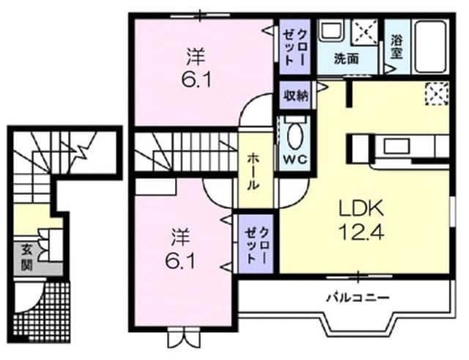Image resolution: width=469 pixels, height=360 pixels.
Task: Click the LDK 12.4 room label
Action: coord(361,220)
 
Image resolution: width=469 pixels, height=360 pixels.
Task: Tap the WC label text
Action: coord(295,160)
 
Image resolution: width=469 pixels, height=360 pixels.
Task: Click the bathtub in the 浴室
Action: coord(430,46)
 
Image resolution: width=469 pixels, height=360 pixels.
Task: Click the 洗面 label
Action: coord(346,59)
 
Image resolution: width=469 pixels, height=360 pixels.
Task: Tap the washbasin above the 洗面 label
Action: coord(332,30)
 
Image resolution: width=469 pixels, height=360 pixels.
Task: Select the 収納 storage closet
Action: coord(295,96)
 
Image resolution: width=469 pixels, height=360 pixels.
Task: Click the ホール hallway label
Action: coord(253,172)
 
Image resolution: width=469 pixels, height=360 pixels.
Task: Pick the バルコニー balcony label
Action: coord(358,298)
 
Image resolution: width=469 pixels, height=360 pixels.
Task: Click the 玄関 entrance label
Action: coord(27,257)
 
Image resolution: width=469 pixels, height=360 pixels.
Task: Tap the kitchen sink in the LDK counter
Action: coord(396,146)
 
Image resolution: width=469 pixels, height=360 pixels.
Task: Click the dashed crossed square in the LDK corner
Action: coord(437,94)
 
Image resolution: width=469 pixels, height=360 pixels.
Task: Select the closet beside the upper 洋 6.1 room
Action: coord(295,47)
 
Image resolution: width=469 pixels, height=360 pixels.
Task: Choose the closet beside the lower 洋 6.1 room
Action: coord(256,244)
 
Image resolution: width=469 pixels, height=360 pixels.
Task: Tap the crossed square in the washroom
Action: coord(365,32)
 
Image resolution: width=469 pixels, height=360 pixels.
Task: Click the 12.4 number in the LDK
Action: coord(361,232)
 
